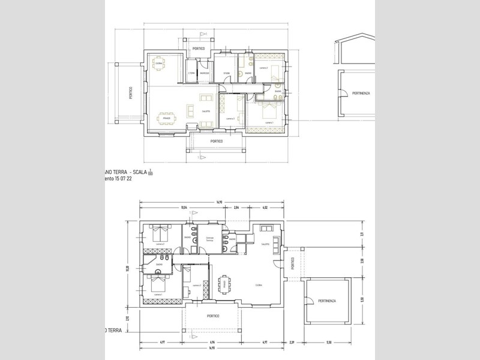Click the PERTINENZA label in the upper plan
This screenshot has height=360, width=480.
click(361, 94)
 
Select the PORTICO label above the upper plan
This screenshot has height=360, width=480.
click(199, 48)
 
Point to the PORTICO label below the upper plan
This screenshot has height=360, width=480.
click(217, 141)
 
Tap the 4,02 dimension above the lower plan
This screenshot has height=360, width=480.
click(265, 208)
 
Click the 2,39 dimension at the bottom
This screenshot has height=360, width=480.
click(292, 343)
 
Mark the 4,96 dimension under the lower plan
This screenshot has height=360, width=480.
click(212, 343)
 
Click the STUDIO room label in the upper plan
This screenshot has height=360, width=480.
click(227, 74)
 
